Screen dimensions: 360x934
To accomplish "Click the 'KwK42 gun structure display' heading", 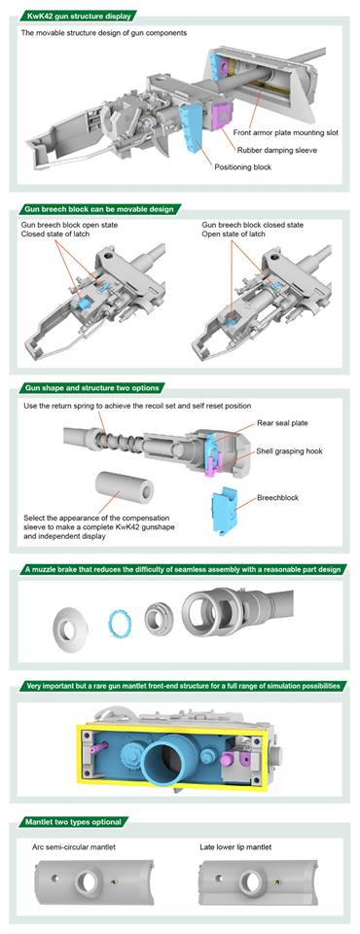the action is [79, 15].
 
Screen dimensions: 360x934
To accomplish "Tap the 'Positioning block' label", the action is [242, 167].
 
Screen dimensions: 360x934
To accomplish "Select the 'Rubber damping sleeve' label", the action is [276, 151].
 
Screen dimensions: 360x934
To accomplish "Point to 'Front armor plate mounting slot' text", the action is [285, 133].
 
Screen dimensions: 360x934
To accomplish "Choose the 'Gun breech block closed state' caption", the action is [253, 225].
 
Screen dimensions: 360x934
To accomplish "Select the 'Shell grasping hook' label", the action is [289, 451].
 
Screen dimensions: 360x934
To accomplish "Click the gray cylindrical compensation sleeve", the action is [123, 486].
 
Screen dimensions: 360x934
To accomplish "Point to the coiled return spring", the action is [121, 443].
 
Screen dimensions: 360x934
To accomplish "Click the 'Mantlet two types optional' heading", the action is [73, 822].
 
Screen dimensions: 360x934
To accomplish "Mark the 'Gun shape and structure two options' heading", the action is [92, 388].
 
